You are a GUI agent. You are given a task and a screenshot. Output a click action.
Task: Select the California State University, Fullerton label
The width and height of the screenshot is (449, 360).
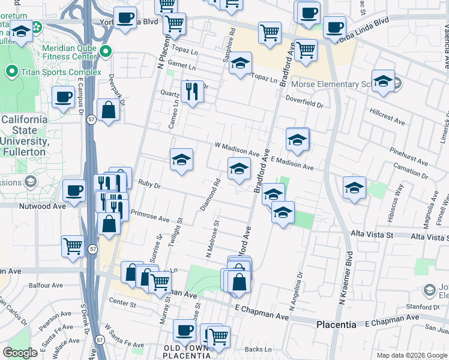coord(23,136)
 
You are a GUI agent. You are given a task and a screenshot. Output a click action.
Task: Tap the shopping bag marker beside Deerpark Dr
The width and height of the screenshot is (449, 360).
coord(108,110)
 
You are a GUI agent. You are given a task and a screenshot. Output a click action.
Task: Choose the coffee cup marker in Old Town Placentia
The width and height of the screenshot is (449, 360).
coord(185,329)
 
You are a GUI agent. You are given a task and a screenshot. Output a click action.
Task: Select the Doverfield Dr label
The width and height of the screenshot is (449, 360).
coord(304,104)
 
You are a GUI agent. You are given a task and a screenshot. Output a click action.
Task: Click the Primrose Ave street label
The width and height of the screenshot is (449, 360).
coord(150,216)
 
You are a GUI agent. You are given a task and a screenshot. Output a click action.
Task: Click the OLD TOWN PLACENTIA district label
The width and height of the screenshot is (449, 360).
coord(187,351)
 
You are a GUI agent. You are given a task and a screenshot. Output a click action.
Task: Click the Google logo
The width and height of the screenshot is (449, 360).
coord(20,353)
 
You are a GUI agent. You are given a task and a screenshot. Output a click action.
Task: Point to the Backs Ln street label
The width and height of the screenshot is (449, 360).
coord(256,349)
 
